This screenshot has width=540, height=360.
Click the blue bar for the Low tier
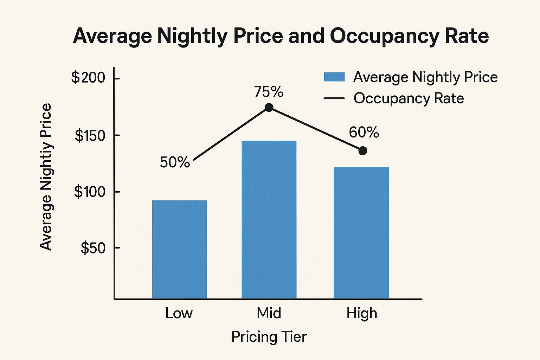click(179, 249)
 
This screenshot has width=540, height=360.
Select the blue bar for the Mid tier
click(269, 219)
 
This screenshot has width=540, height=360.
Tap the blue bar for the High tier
click(361, 232)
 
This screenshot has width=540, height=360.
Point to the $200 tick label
click(88, 78)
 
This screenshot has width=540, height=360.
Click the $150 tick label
click(90, 136)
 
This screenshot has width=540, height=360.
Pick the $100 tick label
click(90, 192)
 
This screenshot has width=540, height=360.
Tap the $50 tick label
click(93, 248)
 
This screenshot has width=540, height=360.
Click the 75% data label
click(269, 92)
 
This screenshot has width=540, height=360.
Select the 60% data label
click(364, 133)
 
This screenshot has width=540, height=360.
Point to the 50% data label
click(175, 162)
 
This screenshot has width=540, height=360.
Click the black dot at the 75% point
click(269, 108)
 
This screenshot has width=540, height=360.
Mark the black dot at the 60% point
click(363, 151)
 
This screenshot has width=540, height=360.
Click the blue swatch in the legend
click(334, 77)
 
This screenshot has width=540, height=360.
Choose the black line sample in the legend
click(334, 98)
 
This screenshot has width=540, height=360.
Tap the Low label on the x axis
click(179, 313)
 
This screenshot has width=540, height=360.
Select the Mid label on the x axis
click(269, 313)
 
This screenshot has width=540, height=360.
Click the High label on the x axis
click(362, 313)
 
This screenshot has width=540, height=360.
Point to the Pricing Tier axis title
click(269, 337)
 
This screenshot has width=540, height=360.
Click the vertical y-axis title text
click(46, 177)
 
